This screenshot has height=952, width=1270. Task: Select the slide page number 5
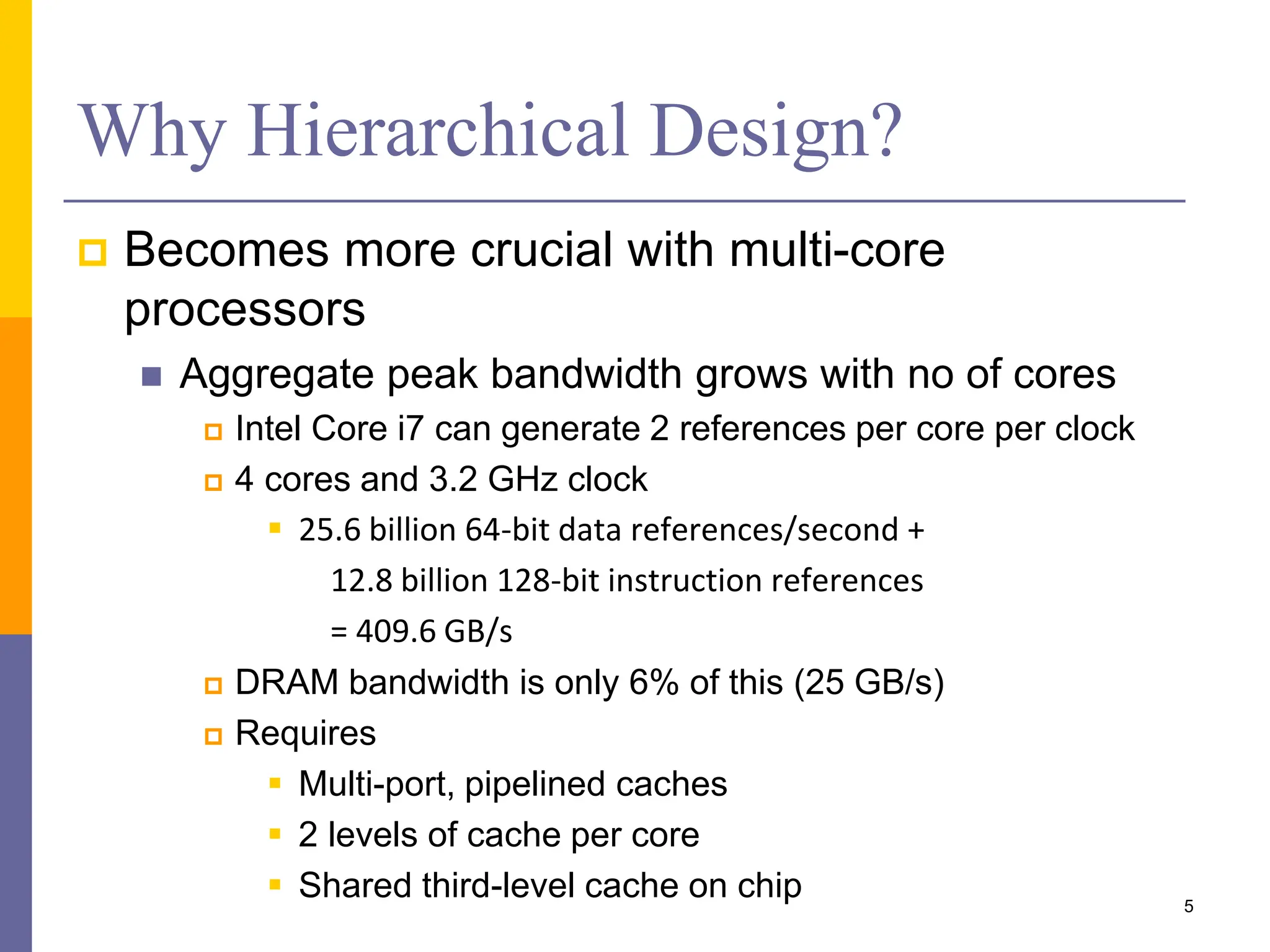coord(1188,906)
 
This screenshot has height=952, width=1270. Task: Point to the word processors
coord(244,309)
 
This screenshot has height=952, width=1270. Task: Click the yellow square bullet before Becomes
coord(93,253)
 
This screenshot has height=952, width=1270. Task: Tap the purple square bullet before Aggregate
coord(151,376)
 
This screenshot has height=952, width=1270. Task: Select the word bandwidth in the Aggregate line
coord(586,374)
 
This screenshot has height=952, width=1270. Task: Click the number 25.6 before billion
coord(329,531)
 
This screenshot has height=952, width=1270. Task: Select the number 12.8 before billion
coord(362,581)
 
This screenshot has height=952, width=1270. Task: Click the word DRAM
coord(286,682)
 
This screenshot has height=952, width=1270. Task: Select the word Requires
coord(306,733)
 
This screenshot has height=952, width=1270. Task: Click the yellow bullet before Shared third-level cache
coord(275,884)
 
